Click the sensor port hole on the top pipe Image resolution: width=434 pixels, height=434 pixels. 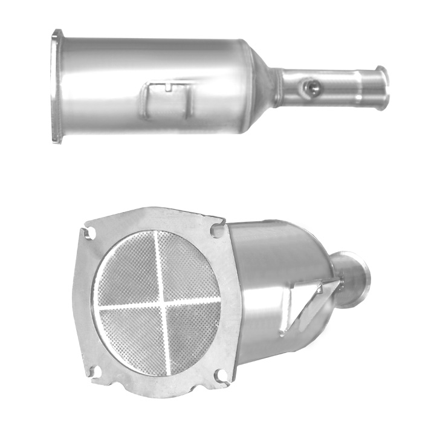click(311, 89)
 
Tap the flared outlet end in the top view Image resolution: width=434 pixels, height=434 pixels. click(383, 88)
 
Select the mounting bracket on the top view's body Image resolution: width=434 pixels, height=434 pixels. click(167, 100)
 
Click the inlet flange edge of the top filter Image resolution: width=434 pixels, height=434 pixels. click(57, 86)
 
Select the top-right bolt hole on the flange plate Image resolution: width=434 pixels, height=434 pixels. click(216, 230)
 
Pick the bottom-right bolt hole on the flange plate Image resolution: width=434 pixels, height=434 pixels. click(221, 376)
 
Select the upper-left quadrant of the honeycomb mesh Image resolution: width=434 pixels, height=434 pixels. click(129, 271)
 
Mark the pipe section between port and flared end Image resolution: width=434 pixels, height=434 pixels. click(348, 88)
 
